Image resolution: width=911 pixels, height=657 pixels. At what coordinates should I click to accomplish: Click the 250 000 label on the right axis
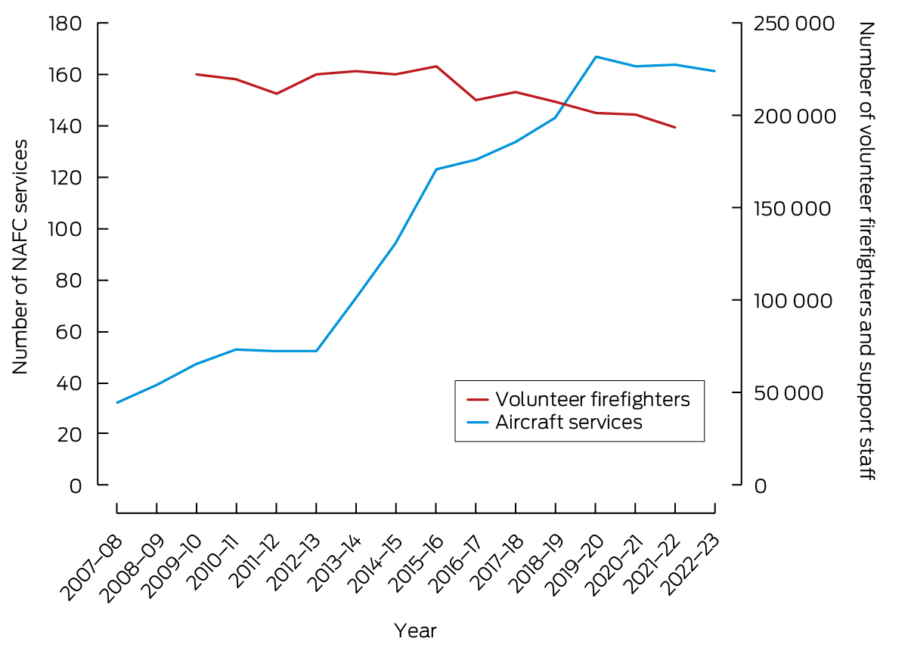coord(794,23)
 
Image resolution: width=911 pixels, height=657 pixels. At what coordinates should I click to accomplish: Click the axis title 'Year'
coord(415,631)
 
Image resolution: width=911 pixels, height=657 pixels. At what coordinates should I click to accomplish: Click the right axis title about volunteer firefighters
coord(866,252)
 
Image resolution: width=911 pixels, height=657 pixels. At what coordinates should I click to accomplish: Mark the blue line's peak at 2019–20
coord(596,57)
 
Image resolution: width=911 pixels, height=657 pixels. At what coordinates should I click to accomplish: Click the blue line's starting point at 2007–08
coord(117,402)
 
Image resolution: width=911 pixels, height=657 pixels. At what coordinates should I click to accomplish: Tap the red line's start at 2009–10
coord(197,74)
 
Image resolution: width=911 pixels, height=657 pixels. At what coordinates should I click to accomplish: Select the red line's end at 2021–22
coord(675,127)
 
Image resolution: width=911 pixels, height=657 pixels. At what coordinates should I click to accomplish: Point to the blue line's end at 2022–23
coord(714,71)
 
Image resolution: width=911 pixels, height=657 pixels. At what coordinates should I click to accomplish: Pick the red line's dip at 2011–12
coord(277,94)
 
